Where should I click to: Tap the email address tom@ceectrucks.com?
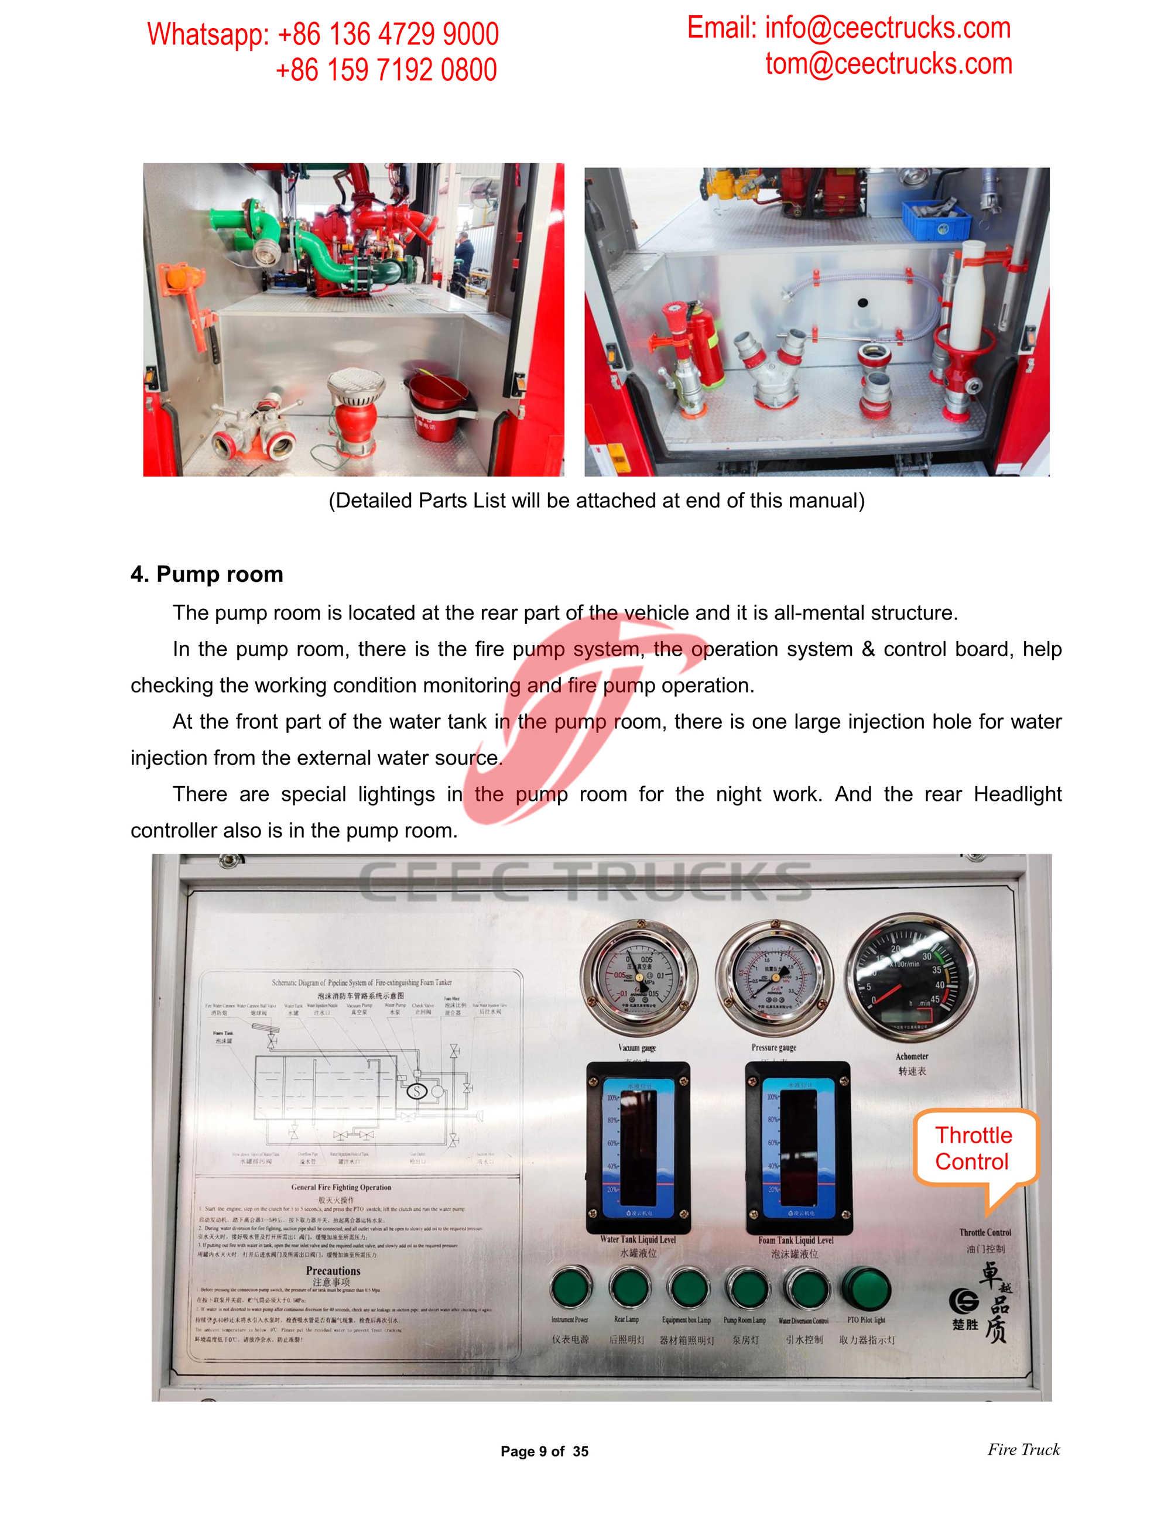pyautogui.click(x=888, y=64)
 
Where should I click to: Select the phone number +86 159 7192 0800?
pyautogui.click(x=386, y=70)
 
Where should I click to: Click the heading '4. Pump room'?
pyautogui.click(x=207, y=574)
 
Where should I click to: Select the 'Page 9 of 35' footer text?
pyautogui.click(x=544, y=1451)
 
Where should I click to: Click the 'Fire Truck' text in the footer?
pyautogui.click(x=1023, y=1449)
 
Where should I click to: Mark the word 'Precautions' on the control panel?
pyautogui.click(x=333, y=1270)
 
